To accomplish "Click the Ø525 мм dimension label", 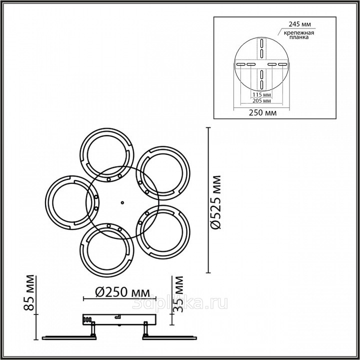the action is [216, 202].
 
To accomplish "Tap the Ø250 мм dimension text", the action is [122, 292].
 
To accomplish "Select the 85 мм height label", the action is [29, 292].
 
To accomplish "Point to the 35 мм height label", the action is [178, 294].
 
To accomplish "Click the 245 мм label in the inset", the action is [299, 24].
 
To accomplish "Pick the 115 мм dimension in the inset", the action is [261, 94].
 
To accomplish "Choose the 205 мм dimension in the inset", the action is [261, 100].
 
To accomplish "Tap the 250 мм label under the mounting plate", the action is [262, 112].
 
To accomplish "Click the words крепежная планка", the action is [299, 35].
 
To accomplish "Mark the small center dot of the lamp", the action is [122, 202].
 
